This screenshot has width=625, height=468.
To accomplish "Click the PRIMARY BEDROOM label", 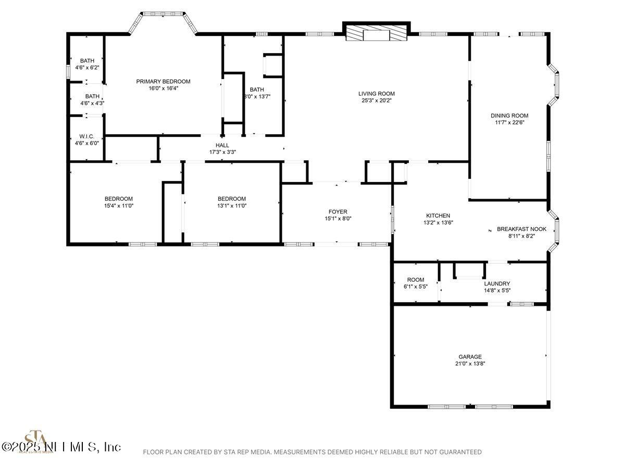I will click(163, 82).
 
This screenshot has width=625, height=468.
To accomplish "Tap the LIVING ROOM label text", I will click(376, 94).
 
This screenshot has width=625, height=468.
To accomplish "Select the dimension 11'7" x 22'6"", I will click(509, 123).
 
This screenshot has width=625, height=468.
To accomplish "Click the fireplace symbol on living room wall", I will click(376, 35).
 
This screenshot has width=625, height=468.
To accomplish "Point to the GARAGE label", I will click(470, 357).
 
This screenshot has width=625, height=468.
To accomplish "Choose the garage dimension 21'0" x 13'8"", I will click(470, 364).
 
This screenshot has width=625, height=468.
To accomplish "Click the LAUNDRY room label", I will click(497, 283).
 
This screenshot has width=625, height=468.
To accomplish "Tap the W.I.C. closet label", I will click(87, 136).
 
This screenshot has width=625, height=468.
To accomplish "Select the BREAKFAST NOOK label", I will click(514, 229).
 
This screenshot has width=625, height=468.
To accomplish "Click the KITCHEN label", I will click(438, 216).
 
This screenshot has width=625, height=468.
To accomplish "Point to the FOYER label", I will click(337, 212).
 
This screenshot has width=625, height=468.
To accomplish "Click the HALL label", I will click(222, 145).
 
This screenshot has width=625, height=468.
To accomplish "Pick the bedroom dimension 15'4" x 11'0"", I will click(119, 206).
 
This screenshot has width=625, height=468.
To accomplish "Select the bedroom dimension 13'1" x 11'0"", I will click(232, 206).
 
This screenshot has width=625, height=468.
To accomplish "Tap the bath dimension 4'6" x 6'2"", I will click(87, 68).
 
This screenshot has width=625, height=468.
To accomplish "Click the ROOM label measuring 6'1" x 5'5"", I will click(416, 280).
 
